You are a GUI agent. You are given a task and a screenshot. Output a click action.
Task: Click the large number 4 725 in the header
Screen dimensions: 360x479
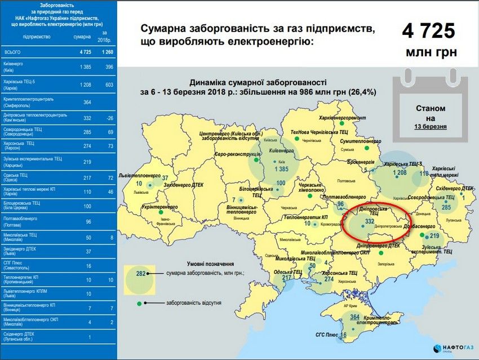point(428,30)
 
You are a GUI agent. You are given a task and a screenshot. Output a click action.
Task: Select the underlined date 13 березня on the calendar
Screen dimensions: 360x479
point(431,127)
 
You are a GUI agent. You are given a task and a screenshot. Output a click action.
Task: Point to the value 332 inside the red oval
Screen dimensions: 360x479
point(370,222)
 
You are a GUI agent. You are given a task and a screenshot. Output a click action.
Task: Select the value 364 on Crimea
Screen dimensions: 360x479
point(354,317)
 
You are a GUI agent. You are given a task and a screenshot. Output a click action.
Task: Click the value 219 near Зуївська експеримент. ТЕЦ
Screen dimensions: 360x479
point(434,235)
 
